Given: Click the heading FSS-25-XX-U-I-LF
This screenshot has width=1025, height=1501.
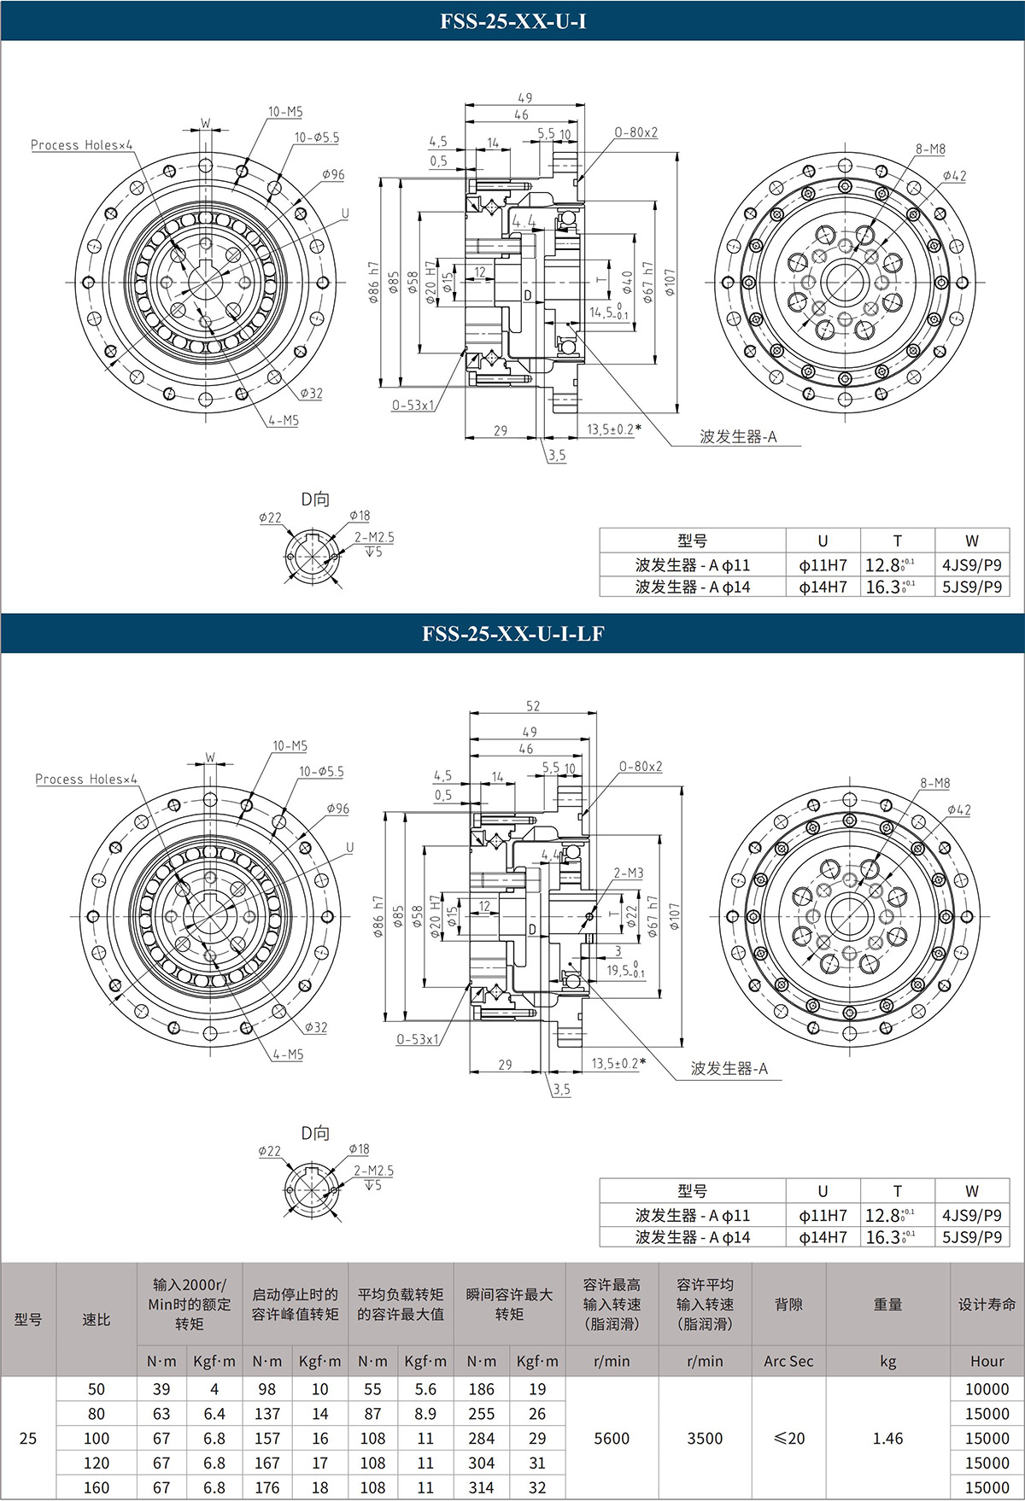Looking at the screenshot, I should click(x=512, y=634).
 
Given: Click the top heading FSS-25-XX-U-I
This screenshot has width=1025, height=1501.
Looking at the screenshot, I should click(x=512, y=21).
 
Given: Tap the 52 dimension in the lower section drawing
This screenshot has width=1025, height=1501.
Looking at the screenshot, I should click(x=533, y=706).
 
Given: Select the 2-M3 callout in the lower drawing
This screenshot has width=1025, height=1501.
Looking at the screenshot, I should click(x=629, y=873).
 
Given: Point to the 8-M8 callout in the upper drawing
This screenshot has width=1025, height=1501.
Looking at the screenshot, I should click(x=930, y=149).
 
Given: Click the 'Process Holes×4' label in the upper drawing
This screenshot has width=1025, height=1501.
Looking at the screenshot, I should click(x=82, y=145).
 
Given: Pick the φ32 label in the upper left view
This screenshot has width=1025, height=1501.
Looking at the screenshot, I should click(x=312, y=394).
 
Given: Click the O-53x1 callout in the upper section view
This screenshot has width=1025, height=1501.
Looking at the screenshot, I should click(x=413, y=405).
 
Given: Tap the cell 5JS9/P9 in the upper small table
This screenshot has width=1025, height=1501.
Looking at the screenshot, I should click(x=972, y=587).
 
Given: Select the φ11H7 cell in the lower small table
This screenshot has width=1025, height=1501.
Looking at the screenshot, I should click(x=823, y=1215).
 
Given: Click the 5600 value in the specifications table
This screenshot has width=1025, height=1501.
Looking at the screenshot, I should click(x=612, y=1439).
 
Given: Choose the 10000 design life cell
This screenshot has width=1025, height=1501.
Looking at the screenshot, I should click(x=987, y=1389).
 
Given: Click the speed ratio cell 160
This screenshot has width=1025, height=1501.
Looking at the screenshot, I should click(x=97, y=1487).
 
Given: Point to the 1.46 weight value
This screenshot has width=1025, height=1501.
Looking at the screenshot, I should click(x=887, y=1439).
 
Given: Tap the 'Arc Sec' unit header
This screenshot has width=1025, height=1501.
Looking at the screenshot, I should click(x=788, y=1361).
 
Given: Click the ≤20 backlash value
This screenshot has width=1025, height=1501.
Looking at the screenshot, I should click(x=788, y=1439).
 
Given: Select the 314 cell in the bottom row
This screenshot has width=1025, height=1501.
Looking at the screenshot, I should click(x=481, y=1487).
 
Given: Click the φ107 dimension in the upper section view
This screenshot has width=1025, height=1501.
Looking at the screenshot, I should click(x=670, y=283).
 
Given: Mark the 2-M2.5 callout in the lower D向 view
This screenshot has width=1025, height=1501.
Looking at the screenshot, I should click(x=374, y=1171).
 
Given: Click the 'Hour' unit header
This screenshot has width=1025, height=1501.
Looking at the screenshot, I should click(x=987, y=1361).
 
